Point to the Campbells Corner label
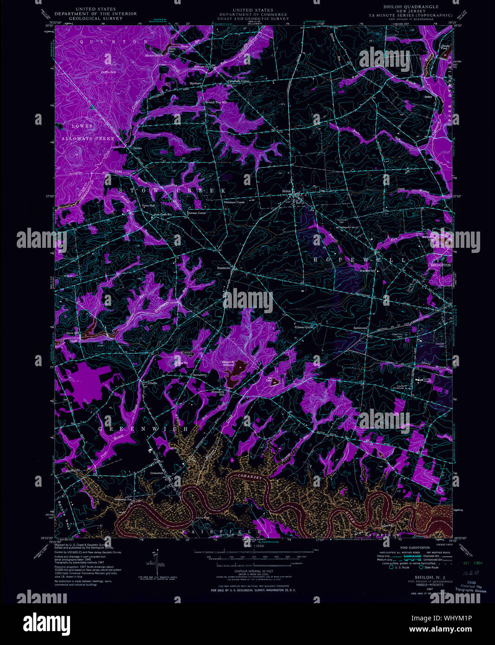(x=239, y=81)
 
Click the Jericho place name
(x=136, y=148)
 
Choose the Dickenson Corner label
(x=234, y=202)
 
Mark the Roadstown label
(x=225, y=268)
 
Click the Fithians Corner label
(x=304, y=327)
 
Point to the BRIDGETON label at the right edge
(x=440, y=264)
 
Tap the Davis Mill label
(x=73, y=333)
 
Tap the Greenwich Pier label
(x=124, y=500)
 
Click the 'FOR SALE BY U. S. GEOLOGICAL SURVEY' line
(x=253, y=590)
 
